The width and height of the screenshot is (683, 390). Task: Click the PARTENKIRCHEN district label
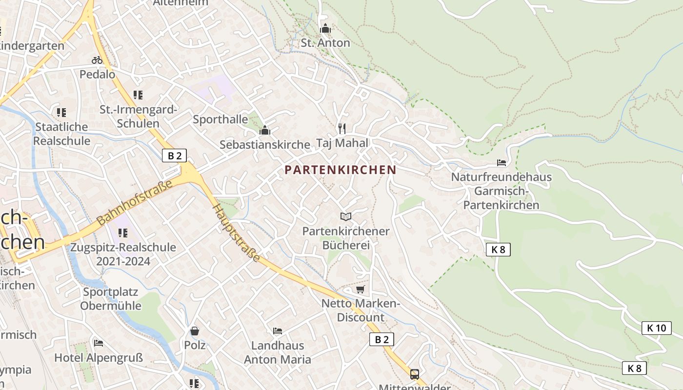tap(340, 170)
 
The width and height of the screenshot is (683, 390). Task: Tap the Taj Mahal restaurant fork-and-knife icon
tap(342, 129)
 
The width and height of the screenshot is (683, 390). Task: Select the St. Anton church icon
tap(325, 29)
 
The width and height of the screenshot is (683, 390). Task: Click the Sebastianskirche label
tap(265, 144)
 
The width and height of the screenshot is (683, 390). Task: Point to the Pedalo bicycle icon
tap(97, 60)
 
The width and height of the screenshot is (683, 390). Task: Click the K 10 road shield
tap(656, 328)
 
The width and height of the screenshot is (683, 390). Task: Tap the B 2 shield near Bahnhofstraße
tap(174, 156)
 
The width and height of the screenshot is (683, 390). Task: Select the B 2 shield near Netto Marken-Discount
tap(382, 339)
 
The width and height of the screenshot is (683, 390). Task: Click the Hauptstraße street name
tap(236, 233)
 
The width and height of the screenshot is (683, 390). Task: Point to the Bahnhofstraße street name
tap(135, 202)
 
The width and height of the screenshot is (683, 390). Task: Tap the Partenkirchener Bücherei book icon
tap(346, 216)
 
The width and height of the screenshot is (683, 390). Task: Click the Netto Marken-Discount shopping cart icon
tap(361, 290)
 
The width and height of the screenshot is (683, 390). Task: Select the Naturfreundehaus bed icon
tap(501, 162)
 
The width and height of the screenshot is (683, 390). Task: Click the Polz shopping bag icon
tap(195, 331)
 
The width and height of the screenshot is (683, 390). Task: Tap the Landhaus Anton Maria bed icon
tap(278, 331)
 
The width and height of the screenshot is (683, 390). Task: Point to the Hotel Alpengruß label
tap(99, 358)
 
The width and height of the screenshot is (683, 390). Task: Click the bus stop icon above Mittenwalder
tap(414, 374)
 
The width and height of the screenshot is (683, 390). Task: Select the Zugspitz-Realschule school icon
tap(123, 233)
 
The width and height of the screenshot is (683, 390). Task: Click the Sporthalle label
tap(221, 119)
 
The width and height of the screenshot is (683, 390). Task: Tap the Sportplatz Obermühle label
tap(111, 299)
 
